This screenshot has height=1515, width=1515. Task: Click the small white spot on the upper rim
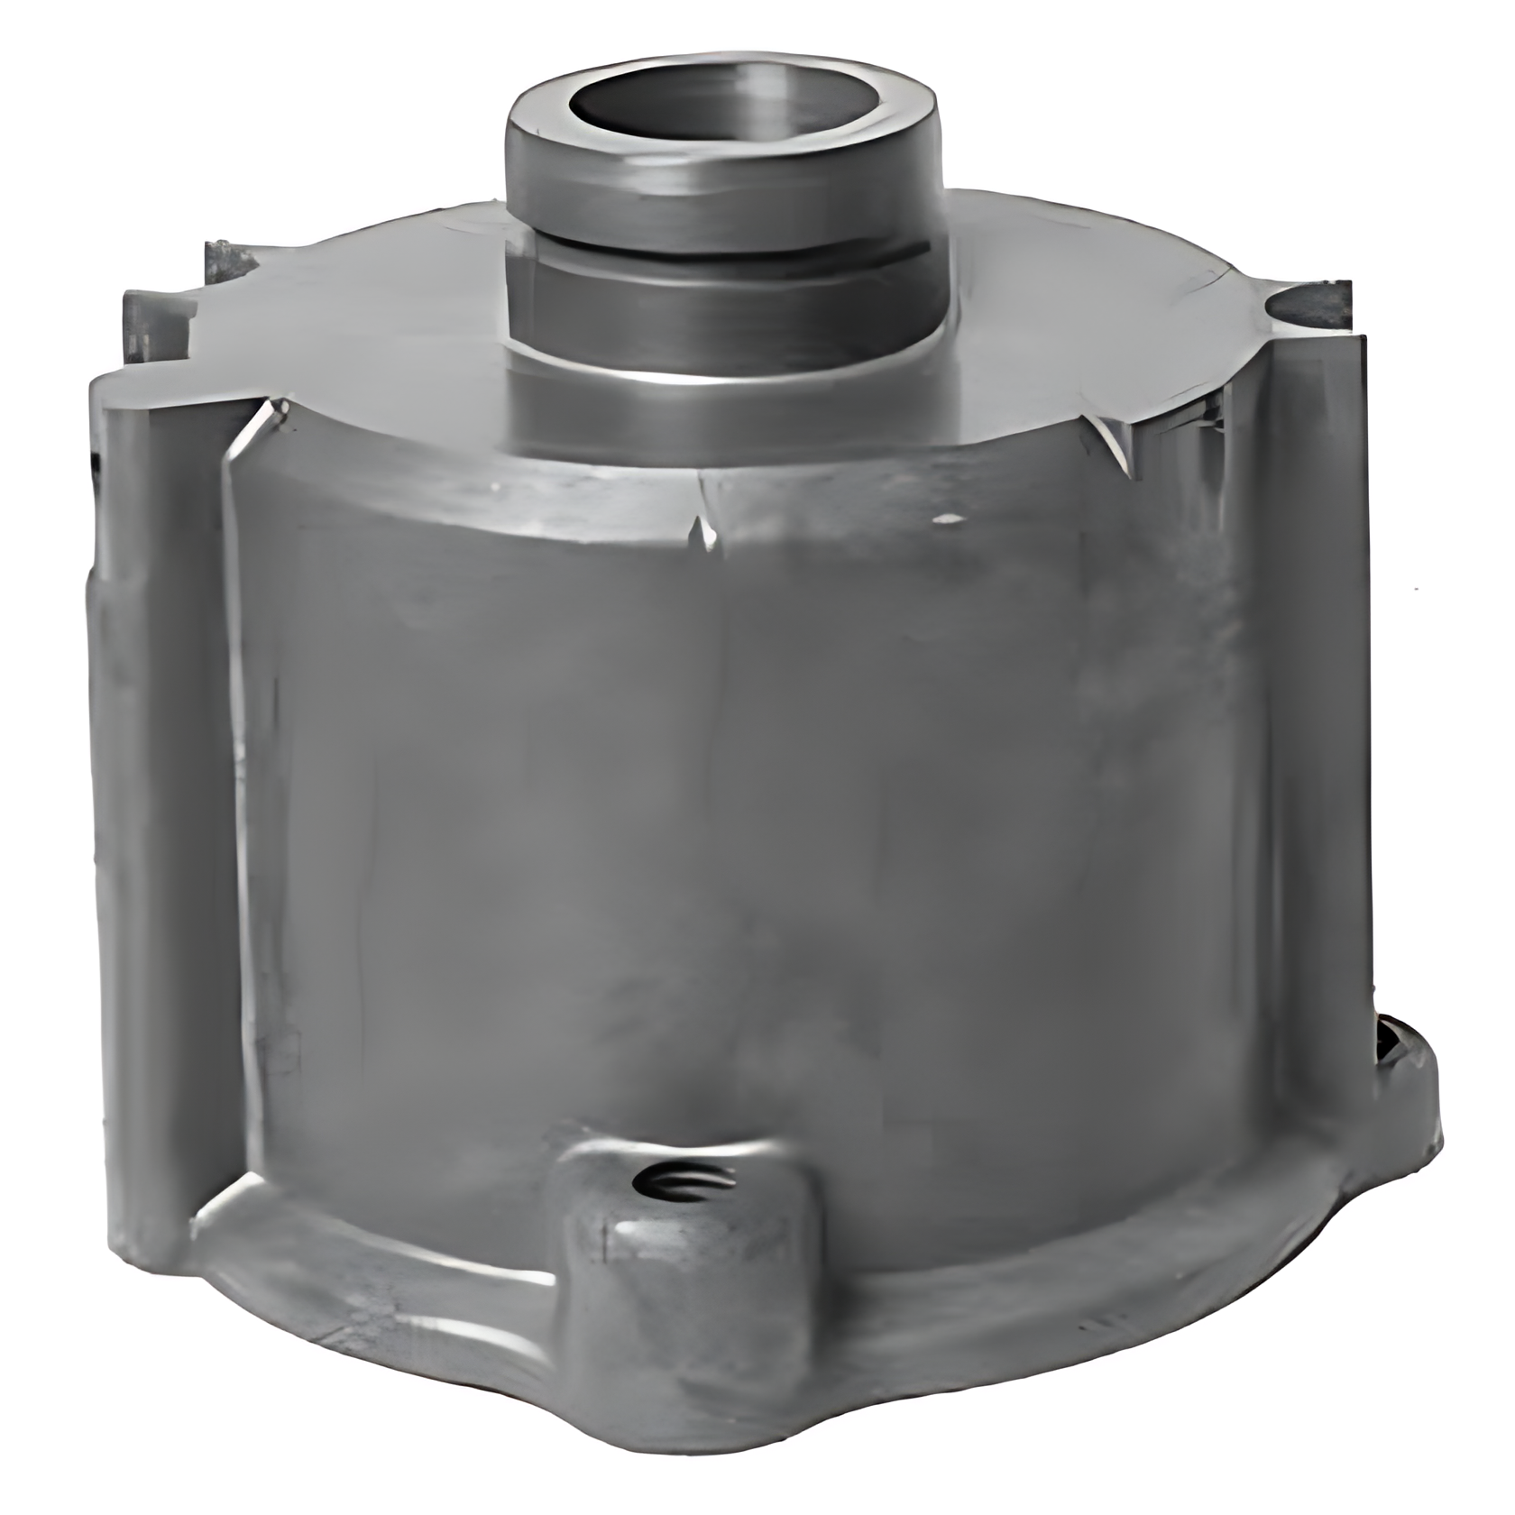(x=947, y=520)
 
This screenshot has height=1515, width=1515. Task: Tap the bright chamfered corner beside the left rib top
(x=262, y=424)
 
